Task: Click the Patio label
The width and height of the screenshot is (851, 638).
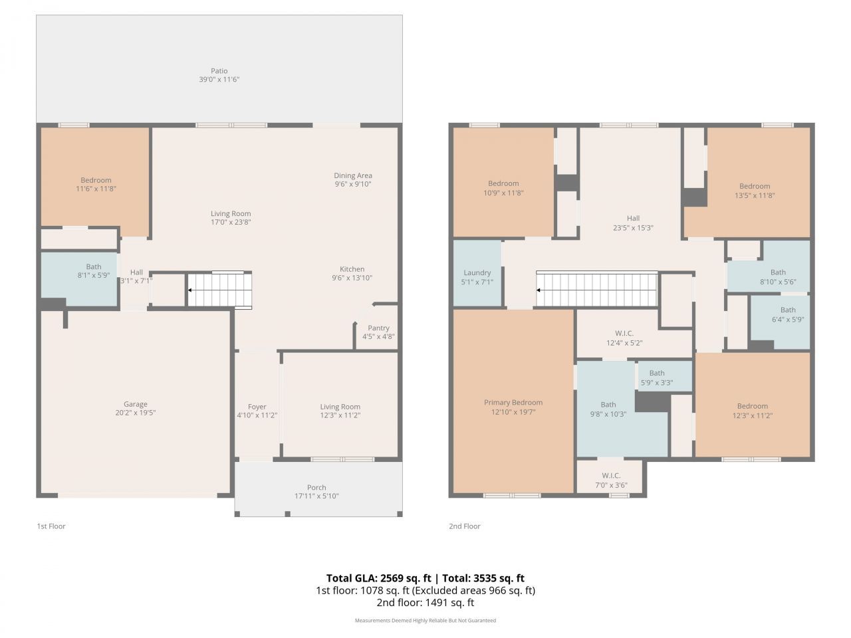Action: (x=219, y=71)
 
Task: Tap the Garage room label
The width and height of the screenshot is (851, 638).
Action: (x=136, y=404)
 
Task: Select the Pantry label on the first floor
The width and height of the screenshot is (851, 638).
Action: (x=378, y=328)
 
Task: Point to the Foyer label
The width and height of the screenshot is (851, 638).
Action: (x=257, y=407)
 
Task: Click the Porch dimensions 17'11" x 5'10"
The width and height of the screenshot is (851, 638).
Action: (x=316, y=496)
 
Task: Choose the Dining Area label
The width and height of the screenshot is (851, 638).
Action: (x=352, y=175)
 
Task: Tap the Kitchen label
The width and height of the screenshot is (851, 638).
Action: (x=352, y=269)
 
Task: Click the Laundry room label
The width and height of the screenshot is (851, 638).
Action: (x=477, y=272)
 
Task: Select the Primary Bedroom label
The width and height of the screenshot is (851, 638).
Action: (x=513, y=402)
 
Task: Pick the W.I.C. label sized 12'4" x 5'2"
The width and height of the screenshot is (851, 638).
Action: (x=624, y=334)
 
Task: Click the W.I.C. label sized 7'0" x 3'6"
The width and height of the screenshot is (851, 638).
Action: (x=611, y=475)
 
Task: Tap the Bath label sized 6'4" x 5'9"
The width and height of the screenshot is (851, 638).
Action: (x=788, y=310)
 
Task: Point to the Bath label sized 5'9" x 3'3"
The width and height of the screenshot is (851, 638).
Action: (x=657, y=373)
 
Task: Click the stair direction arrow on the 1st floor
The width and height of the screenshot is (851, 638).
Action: (x=191, y=290)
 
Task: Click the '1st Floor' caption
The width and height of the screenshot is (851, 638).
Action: (x=51, y=526)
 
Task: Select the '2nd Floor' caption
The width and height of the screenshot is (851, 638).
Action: (x=464, y=526)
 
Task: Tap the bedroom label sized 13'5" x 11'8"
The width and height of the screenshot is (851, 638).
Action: (x=755, y=186)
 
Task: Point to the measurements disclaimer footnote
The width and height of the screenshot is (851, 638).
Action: (x=425, y=621)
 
